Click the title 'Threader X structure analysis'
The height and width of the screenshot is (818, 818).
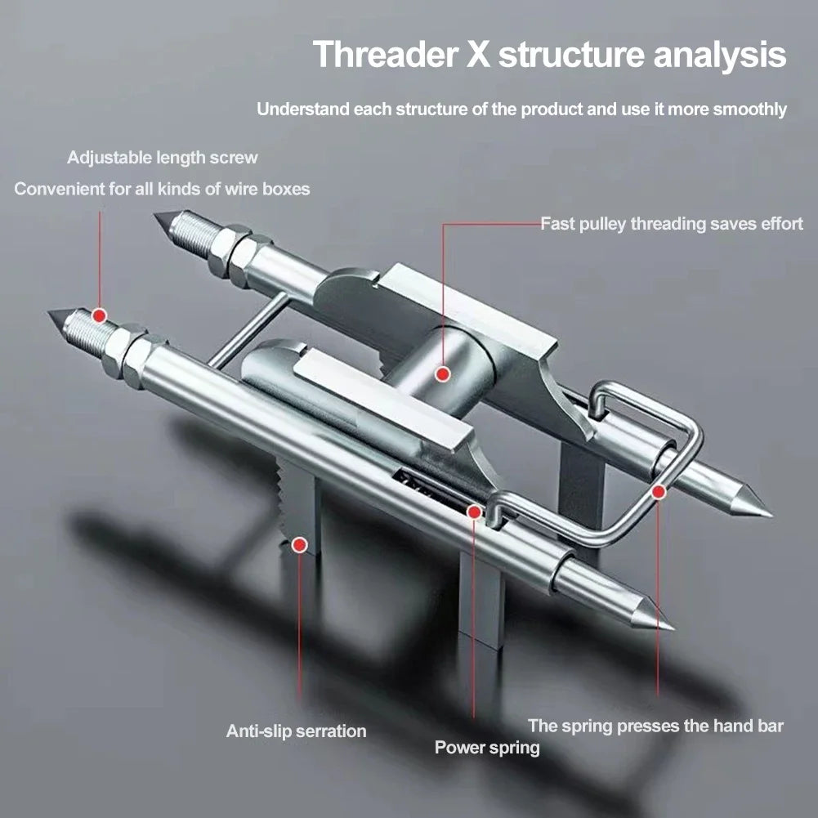[549, 56]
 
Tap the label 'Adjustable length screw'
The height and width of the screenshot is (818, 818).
[162, 157]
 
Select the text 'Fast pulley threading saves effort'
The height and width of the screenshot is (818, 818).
[672, 223]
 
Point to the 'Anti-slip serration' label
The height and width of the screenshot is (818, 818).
[296, 731]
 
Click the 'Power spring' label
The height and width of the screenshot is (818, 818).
[487, 747]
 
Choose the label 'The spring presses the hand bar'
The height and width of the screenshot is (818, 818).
[655, 726]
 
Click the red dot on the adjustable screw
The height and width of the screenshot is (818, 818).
[100, 315]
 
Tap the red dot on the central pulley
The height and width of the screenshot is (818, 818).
[442, 374]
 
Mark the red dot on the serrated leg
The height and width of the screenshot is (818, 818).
[300, 543]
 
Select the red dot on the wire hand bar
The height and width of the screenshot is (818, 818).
[658, 491]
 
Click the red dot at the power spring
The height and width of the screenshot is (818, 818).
[474, 512]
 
